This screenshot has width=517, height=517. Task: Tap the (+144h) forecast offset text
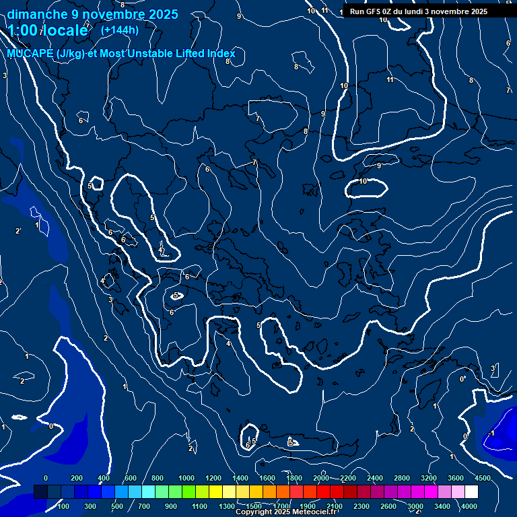[x=120, y=30]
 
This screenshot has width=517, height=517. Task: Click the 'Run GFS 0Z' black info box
[x=419, y=11]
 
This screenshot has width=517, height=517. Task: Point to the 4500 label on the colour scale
[x=483, y=478]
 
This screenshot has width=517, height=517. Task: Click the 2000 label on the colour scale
[x=321, y=478]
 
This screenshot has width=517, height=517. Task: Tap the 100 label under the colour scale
[x=64, y=506]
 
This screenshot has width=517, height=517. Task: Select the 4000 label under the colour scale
[x=469, y=506]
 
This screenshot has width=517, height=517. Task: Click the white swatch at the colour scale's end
[x=490, y=492]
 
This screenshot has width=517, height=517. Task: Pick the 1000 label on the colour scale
[x=186, y=478]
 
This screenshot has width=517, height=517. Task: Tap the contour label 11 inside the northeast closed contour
[x=390, y=80]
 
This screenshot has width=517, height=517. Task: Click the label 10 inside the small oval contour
[x=363, y=181]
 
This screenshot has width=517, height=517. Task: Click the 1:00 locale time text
[x=47, y=30]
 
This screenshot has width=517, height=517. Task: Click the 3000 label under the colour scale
[x=415, y=506]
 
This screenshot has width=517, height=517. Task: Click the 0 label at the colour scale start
[x=45, y=478]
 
